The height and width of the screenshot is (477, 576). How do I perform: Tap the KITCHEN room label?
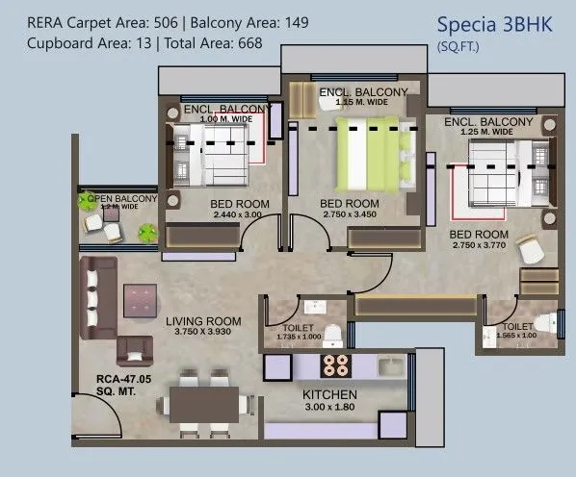(329, 395)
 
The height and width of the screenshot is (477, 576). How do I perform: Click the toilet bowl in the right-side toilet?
(545, 322)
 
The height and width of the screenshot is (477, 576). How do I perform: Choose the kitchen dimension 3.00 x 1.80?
(329, 408)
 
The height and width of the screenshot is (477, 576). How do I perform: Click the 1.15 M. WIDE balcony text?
(360, 102)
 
